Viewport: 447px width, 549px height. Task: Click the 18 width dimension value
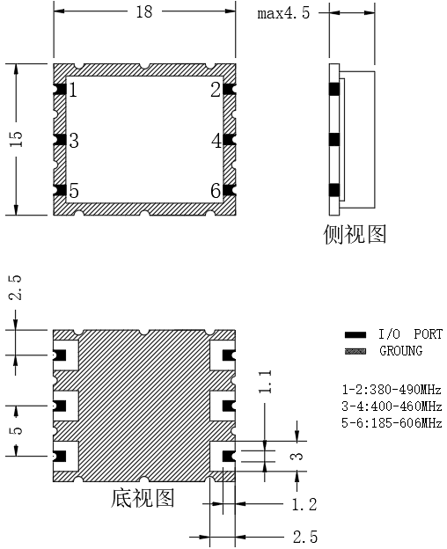tap(144, 11)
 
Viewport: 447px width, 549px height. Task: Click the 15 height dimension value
tap(16, 139)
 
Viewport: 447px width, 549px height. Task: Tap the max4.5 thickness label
tap(284, 13)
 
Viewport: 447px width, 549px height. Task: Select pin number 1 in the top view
tap(73, 90)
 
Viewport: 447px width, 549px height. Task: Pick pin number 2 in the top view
tap(216, 90)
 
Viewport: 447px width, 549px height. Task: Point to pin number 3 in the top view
tap(74, 141)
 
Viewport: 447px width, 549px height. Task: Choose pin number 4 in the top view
tap(216, 141)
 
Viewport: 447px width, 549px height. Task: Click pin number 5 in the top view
tap(74, 191)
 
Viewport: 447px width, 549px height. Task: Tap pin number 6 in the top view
tap(216, 191)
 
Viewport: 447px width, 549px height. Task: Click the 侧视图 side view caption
tap(355, 234)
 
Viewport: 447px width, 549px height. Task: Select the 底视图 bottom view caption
tap(143, 498)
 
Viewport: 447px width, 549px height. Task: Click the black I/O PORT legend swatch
tap(355, 334)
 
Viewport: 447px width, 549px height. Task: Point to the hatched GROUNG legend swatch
tap(355, 351)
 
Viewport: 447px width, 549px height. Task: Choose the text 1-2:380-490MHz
tap(392, 390)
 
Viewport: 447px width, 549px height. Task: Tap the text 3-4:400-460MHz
tap(392, 406)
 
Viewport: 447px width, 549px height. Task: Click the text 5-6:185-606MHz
tap(392, 423)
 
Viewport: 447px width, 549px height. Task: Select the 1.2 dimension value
tap(304, 504)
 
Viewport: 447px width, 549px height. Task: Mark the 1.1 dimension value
tap(265, 382)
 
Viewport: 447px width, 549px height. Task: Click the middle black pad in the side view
tap(334, 140)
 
